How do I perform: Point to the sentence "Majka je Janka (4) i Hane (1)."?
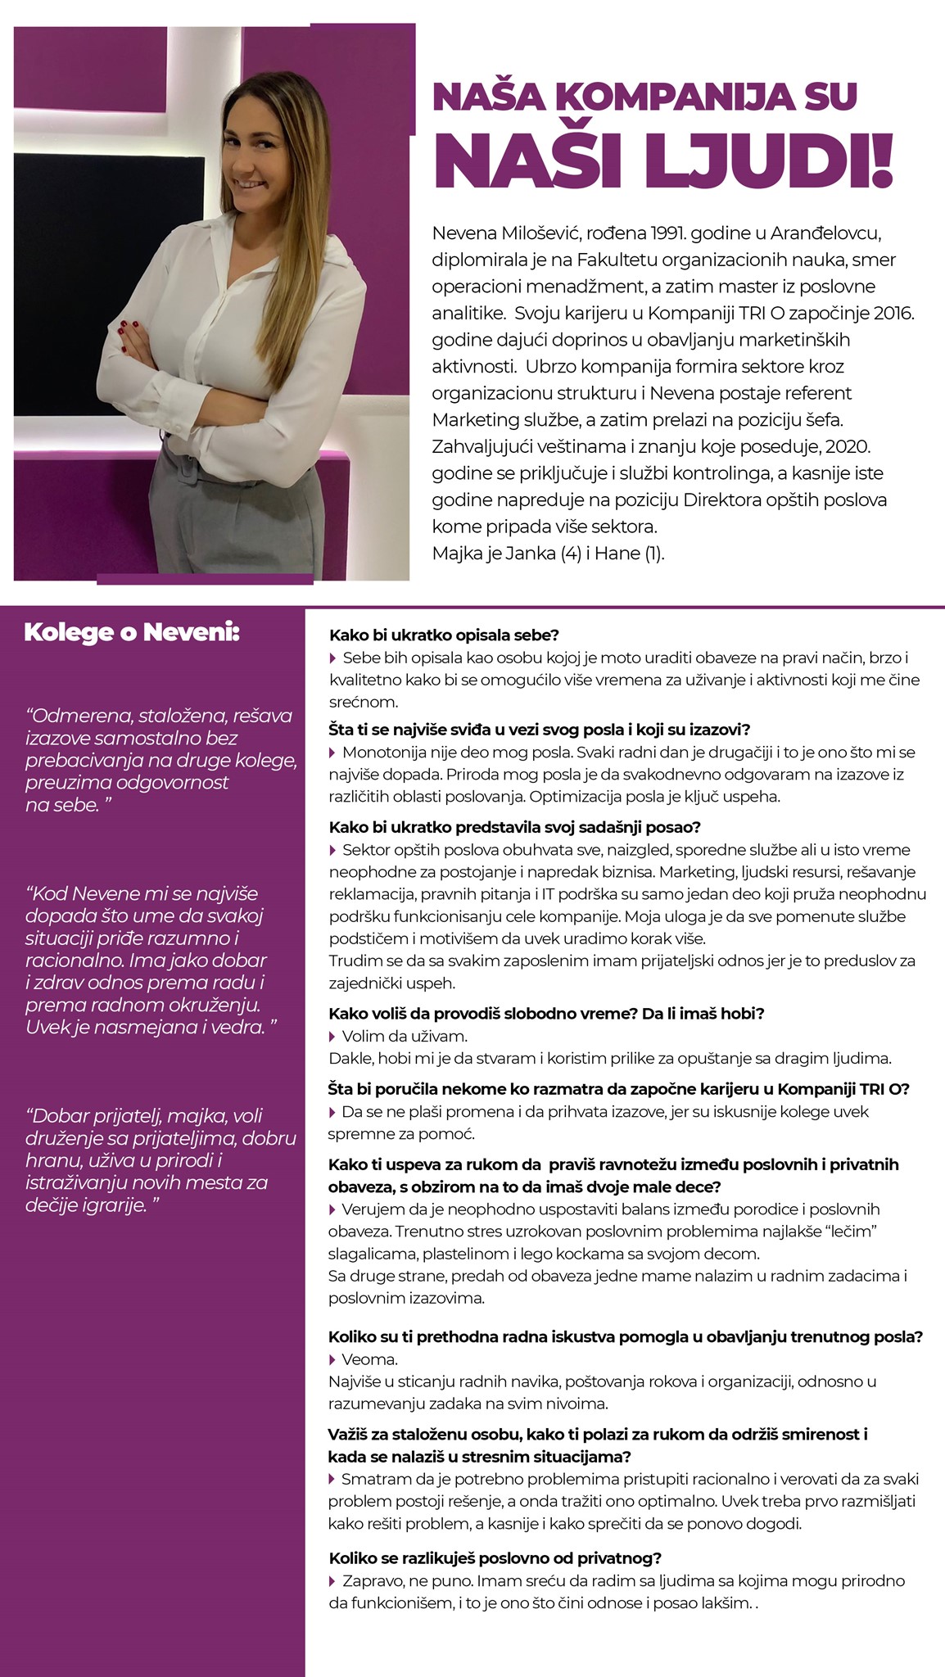click(548, 553)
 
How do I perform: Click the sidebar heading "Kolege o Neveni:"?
click(132, 632)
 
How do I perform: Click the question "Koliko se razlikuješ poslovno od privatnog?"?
click(495, 1558)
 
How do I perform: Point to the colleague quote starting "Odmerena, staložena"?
click(159, 760)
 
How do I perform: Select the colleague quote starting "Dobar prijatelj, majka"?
click(160, 1159)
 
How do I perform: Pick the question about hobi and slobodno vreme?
click(545, 1013)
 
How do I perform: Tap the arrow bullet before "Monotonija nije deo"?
click(332, 752)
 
